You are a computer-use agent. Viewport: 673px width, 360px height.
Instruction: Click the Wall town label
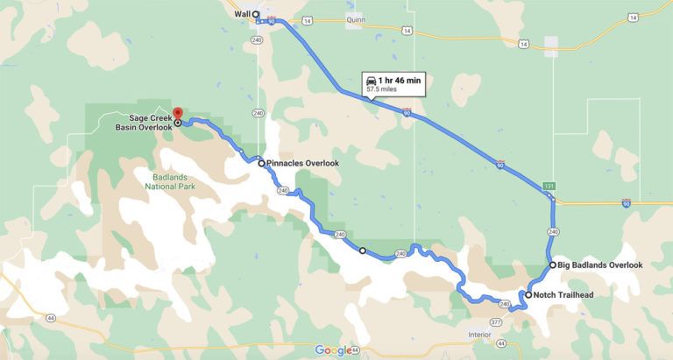point(242,14)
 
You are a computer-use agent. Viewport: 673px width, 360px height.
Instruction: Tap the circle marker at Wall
point(256,15)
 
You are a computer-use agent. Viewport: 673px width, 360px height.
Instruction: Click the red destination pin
point(177,114)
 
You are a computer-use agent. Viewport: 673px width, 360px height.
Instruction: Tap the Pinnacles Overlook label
point(303,163)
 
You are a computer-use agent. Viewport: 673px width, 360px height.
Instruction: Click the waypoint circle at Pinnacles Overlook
point(261,163)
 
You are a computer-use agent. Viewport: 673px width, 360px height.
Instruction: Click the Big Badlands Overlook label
point(600,265)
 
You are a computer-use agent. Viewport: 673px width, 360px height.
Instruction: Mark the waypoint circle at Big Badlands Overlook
point(552,265)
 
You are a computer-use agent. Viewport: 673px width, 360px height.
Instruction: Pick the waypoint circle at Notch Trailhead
point(528,295)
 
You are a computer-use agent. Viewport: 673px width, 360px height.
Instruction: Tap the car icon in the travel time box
point(372,80)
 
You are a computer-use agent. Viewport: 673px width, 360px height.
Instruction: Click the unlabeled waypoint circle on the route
point(363,251)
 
